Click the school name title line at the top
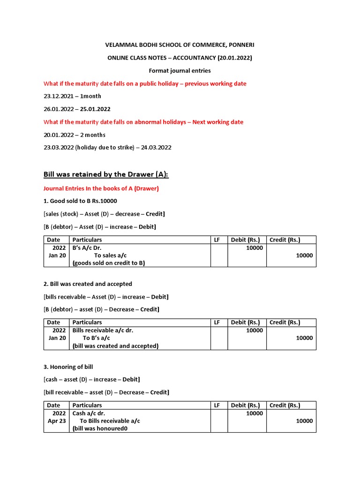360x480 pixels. pyautogui.click(x=180, y=45)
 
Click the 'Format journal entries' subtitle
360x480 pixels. pyautogui.click(x=180, y=71)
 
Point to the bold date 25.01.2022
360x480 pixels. pyautogui.click(x=95, y=109)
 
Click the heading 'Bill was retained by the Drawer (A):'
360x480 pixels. pyautogui.click(x=106, y=174)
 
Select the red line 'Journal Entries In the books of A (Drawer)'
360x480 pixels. pyautogui.click(x=101, y=188)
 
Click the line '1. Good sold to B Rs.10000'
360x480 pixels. pyautogui.click(x=80, y=201)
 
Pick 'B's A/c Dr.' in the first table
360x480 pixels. pyautogui.click(x=87, y=247)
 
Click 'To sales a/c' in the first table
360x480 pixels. pyautogui.click(x=110, y=255)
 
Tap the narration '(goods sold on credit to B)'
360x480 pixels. pyautogui.click(x=109, y=263)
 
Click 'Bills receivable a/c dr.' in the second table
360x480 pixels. pyautogui.click(x=103, y=330)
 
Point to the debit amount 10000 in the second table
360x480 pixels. pyautogui.click(x=255, y=330)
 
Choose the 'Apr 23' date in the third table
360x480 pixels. pyautogui.click(x=57, y=421)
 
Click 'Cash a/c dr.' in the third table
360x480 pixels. pyautogui.click(x=89, y=413)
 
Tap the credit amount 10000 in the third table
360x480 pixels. pyautogui.click(x=304, y=421)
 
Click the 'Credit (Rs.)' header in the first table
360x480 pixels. pyautogui.click(x=285, y=240)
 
